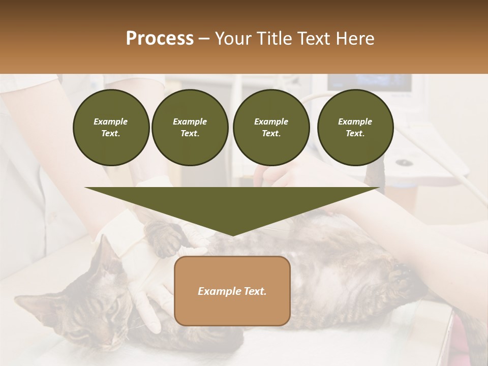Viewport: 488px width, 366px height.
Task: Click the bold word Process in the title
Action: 160,39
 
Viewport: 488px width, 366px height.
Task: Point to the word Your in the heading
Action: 233,39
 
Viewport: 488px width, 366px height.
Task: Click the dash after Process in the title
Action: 204,39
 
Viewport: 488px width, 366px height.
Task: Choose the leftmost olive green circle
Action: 111,128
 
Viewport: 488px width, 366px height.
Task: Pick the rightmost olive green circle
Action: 355,128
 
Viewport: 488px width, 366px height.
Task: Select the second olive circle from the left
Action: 190,128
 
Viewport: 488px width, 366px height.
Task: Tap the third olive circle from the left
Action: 271,128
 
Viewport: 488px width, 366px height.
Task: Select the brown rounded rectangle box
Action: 232,291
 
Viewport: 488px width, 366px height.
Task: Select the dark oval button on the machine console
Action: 405,163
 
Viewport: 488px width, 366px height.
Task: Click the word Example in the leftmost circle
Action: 111,121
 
